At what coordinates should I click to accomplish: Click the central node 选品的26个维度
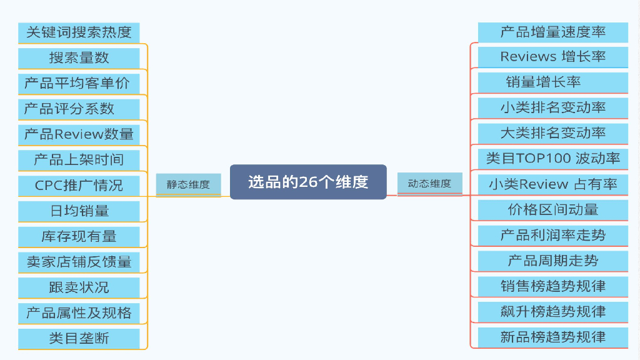tap(308, 182)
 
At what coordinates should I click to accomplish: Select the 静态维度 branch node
tap(188, 184)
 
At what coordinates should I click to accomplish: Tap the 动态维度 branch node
tap(429, 184)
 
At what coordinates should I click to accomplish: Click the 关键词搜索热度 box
tap(79, 32)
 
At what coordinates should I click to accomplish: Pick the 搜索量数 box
tap(79, 57)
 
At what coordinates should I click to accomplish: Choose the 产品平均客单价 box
tap(79, 83)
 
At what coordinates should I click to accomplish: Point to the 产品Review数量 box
tap(79, 134)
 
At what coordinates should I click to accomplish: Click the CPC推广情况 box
tap(79, 185)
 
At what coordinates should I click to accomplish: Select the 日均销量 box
tap(79, 211)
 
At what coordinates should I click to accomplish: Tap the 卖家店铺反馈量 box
tap(79, 262)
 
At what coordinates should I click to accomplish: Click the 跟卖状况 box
tap(79, 287)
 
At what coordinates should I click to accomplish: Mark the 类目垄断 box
tap(79, 338)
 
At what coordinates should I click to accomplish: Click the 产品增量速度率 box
tap(552, 32)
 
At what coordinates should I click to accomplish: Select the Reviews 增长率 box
tap(552, 56)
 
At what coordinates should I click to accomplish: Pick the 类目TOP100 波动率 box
tap(552, 158)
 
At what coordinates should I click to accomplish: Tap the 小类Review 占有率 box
tap(552, 184)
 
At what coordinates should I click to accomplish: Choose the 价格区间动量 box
tap(552, 209)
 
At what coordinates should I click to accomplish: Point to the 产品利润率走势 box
tap(552, 235)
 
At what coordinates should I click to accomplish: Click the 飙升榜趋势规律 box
tap(552, 311)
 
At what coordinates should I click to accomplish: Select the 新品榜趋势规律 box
tap(552, 337)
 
